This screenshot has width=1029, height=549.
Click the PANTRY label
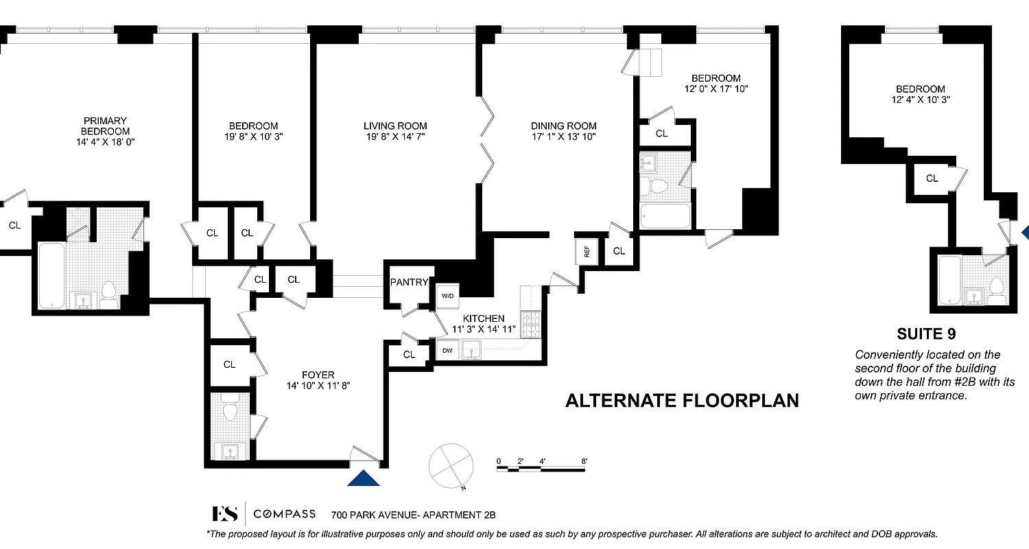(409, 282)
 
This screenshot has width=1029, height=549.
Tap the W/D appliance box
(447, 296)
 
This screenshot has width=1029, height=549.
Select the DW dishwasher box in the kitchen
(447, 351)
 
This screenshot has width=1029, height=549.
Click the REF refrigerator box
(587, 251)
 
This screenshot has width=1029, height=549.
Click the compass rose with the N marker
(451, 465)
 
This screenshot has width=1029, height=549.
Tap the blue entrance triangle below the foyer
(364, 478)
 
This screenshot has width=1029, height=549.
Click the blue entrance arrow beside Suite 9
(1025, 233)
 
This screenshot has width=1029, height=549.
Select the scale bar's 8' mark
(584, 461)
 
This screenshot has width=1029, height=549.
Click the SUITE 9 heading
(926, 334)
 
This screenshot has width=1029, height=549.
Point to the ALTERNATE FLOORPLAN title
(682, 401)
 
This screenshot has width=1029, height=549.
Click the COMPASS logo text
(285, 514)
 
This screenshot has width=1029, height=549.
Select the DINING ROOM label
(563, 126)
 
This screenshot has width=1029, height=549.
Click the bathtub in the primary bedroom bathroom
(51, 274)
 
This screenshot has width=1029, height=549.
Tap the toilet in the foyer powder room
(230, 410)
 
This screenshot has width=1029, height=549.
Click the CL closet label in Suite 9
(932, 178)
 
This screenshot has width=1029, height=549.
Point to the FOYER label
(318, 375)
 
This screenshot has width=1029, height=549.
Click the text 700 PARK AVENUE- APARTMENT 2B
(413, 515)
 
